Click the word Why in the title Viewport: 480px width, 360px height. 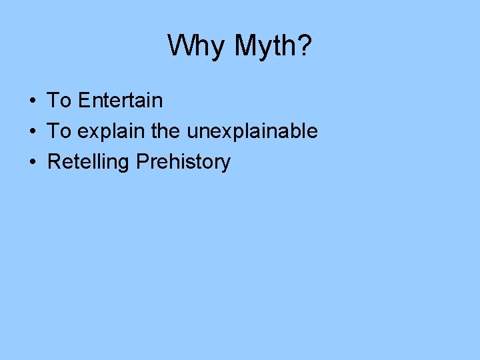point(195,47)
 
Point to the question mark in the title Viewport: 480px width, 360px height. point(304,45)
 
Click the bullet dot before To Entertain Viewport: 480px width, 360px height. point(32,101)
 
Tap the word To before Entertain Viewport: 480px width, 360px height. point(59,101)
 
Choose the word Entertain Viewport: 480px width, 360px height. point(120,101)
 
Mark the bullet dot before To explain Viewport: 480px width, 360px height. point(32,132)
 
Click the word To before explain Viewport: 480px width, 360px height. point(59,131)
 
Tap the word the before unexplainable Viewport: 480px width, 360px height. point(166,131)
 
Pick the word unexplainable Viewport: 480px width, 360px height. point(252,132)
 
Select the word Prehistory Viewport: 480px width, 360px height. point(183,162)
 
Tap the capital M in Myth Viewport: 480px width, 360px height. point(245,46)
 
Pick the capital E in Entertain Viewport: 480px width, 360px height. point(83,101)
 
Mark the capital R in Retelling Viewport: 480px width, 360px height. point(53,162)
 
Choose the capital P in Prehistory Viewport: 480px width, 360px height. point(142,162)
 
